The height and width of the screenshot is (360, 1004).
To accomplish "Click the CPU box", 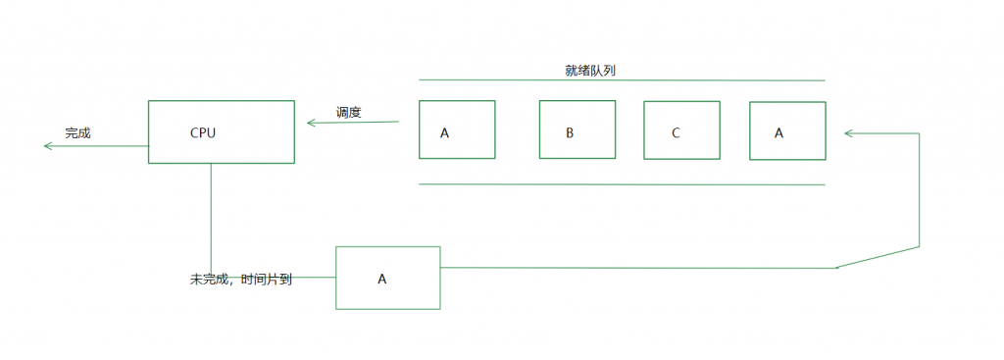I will point(222,130).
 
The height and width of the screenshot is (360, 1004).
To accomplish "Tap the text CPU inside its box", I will point(202,131).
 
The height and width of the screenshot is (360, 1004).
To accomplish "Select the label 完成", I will point(77,132).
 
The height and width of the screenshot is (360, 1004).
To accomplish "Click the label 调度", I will point(349,112).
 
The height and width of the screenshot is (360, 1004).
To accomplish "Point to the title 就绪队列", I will point(590,71).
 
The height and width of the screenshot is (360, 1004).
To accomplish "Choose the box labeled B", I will point(577,129).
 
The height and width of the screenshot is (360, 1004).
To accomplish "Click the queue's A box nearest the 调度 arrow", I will point(457,129).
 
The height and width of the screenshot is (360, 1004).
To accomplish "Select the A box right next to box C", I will point(787,129).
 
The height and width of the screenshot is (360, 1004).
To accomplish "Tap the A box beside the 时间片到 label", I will point(388,278).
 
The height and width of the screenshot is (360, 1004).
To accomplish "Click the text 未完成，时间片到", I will point(240,279).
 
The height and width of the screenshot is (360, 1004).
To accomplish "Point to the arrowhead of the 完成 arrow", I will point(47,146).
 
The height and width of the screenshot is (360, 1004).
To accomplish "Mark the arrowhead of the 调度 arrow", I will point(311,123).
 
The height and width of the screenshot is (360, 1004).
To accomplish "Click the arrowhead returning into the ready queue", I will point(848,132).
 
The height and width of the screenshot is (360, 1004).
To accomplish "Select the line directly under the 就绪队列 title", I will point(622,80).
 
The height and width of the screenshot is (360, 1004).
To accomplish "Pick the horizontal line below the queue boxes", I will point(622,183).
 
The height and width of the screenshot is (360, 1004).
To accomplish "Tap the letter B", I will point(570,132).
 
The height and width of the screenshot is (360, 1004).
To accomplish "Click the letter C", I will point(676,132).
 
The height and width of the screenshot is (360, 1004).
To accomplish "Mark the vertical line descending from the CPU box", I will point(211,216).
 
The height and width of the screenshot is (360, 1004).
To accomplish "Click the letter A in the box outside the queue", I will point(382,279).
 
